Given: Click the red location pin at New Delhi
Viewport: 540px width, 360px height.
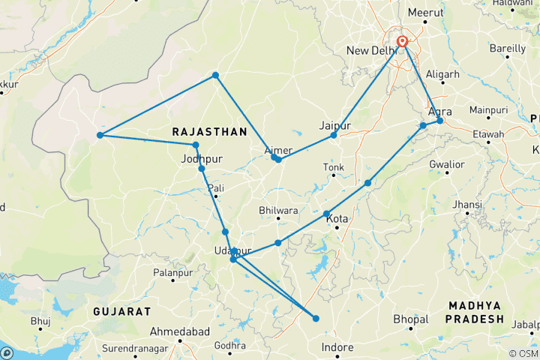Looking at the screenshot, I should [403, 41].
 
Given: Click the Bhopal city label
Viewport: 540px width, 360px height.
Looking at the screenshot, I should [410, 319].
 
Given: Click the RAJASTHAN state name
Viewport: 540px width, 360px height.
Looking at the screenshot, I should [209, 131].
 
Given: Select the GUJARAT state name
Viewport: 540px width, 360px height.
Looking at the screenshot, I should [122, 310].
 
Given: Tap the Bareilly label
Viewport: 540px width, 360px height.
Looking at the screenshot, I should [508, 49].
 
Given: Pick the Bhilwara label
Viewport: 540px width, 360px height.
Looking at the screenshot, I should [279, 210].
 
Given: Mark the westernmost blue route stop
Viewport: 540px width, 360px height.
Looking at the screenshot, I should [99, 136].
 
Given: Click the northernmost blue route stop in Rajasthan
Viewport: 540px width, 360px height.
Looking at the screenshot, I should [215, 75].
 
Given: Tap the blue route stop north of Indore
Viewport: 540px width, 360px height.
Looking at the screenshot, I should [316, 319].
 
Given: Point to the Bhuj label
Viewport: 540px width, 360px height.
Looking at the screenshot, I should [40, 321].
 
